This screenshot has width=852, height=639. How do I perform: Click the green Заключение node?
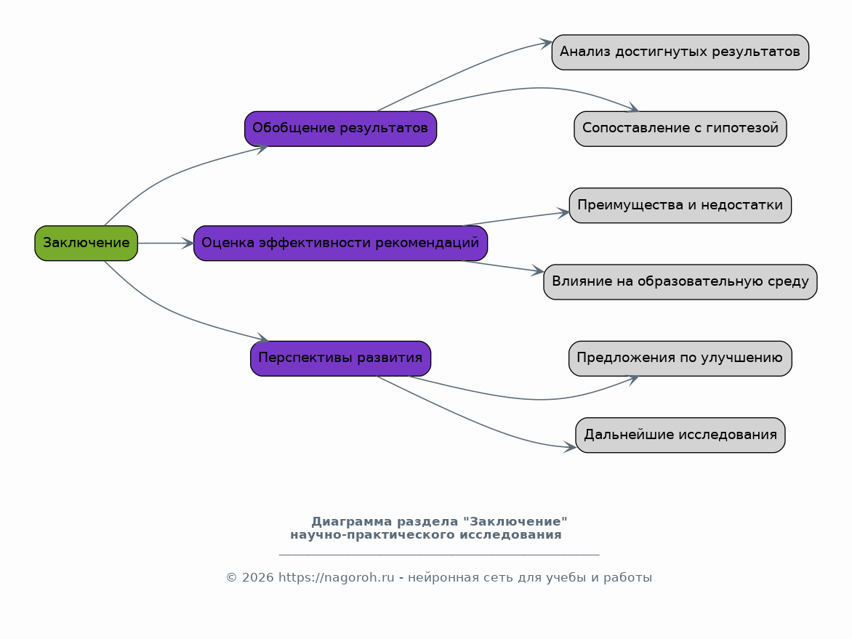[x=87, y=243]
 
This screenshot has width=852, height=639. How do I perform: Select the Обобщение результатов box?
[x=341, y=129]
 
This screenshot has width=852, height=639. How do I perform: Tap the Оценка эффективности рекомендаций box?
[x=341, y=243]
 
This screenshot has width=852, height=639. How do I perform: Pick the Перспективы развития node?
[x=341, y=358]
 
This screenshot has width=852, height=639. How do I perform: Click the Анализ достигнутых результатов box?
[x=680, y=52]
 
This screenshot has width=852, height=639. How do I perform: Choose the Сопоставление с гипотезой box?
[x=680, y=129]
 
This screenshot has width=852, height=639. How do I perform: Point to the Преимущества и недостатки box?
[x=680, y=206]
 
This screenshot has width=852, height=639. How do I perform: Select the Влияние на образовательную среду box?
[x=680, y=282]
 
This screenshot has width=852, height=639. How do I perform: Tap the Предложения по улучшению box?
[x=680, y=358]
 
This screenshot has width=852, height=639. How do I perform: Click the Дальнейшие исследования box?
[x=680, y=435]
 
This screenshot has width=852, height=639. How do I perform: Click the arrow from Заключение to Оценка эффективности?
[x=166, y=243]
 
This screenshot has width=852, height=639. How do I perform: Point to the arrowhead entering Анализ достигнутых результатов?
[x=546, y=44]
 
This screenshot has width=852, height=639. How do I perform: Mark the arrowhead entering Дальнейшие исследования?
[x=570, y=447]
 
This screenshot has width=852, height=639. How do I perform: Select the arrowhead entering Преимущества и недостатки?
[x=563, y=212]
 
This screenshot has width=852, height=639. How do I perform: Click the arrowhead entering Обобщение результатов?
[x=262, y=148]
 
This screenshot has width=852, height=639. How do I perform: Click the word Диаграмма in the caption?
[x=352, y=522]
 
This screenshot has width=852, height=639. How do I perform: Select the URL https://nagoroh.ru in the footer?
[x=337, y=578]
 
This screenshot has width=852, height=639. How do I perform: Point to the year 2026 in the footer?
[x=257, y=578]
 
